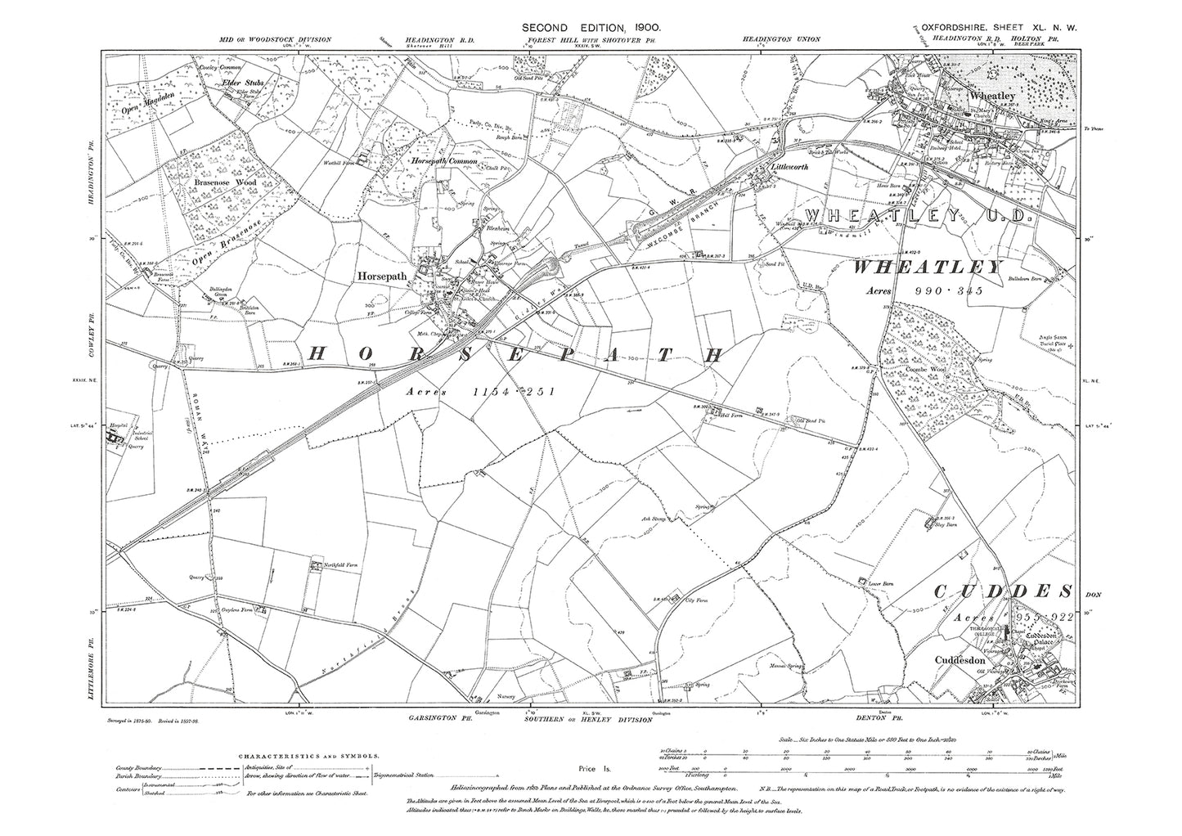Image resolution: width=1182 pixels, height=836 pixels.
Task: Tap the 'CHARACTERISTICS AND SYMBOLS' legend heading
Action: point(290,758)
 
